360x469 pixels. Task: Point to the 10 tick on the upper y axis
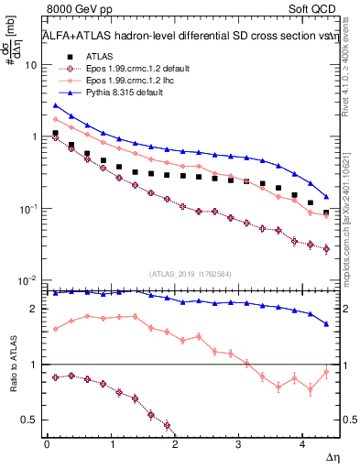(31, 66)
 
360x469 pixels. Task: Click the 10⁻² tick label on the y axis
(27, 280)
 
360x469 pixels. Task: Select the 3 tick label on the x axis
(239, 443)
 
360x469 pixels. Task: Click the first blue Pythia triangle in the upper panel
(55, 105)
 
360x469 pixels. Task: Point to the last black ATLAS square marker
(327, 213)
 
